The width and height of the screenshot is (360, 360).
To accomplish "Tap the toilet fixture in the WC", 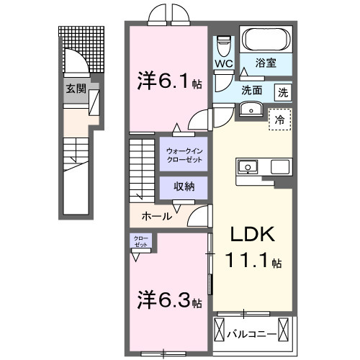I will coord(222,45).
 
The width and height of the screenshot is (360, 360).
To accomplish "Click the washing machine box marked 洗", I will coord(284,91).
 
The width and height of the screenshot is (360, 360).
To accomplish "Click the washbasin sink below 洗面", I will coord(250,109).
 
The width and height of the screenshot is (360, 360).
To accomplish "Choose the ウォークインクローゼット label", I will coord(184,154).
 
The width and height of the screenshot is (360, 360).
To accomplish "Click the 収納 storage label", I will coord(184,186).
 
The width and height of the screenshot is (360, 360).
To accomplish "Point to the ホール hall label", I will coord(156,215).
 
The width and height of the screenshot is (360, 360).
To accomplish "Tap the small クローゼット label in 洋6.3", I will coord(140,241).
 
